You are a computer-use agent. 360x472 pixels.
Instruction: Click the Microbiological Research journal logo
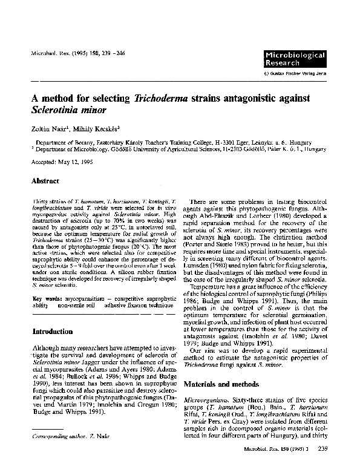pos(295,59)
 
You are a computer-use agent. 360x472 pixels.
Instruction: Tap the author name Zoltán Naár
pos(49,129)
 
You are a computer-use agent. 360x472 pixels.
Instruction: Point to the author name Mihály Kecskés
pos(96,129)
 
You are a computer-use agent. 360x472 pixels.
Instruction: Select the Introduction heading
pos(52,332)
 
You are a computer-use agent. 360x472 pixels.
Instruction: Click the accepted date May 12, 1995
pos(74,163)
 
